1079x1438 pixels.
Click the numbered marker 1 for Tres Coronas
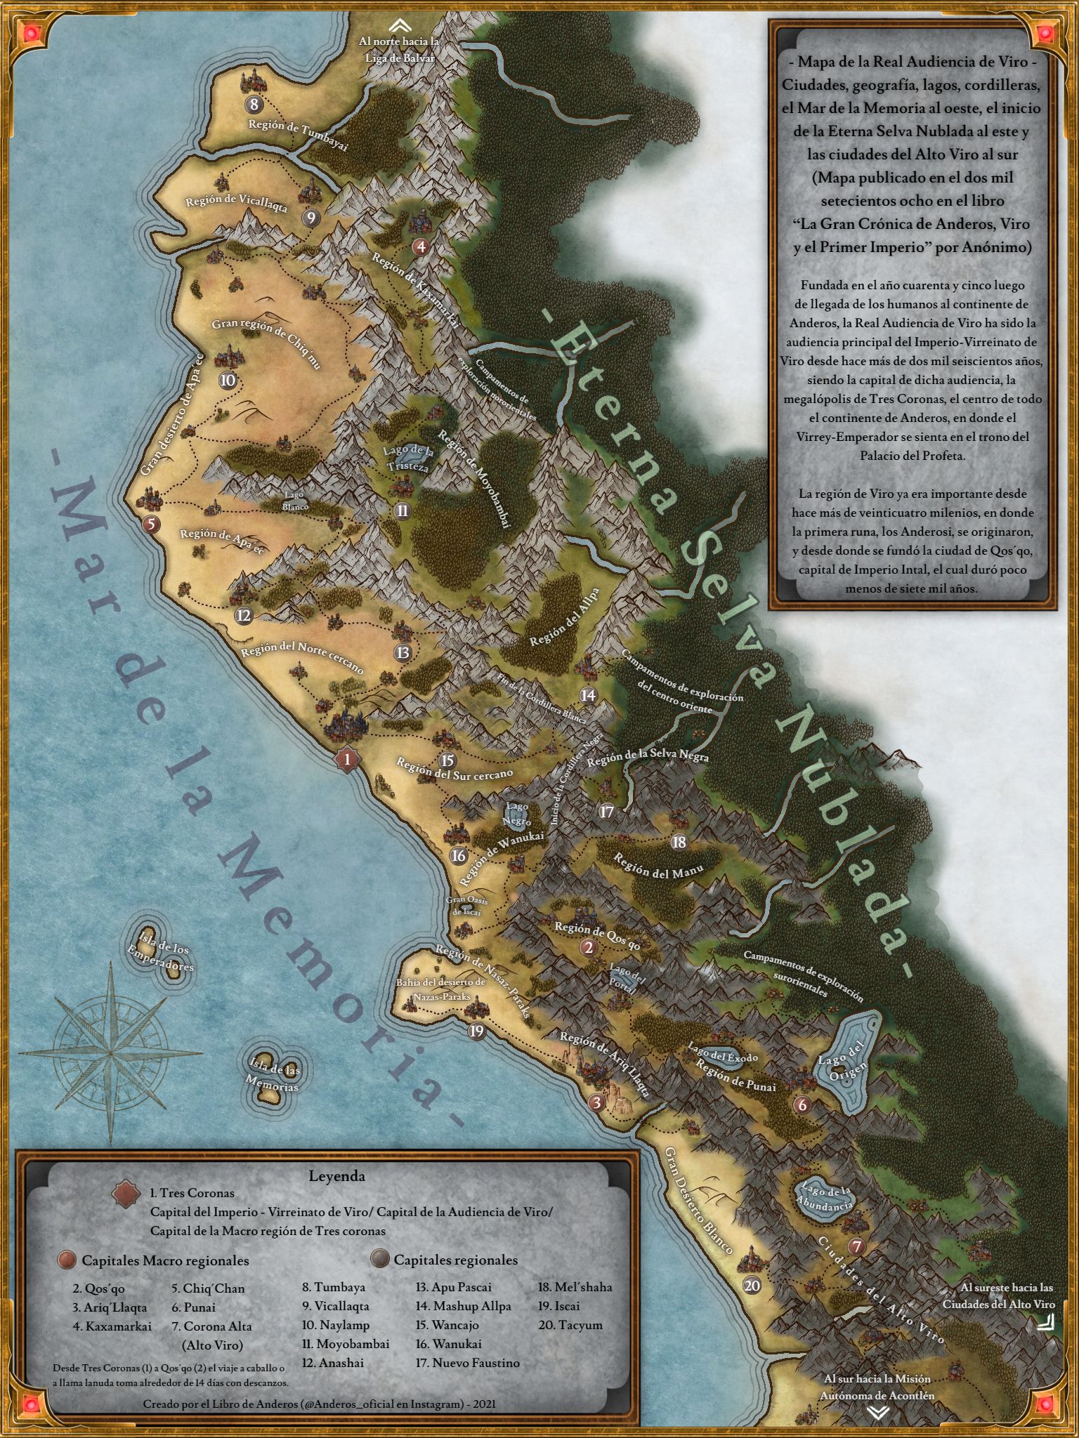(346, 759)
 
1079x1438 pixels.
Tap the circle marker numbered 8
(254, 105)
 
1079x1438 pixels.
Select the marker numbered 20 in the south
(752, 1285)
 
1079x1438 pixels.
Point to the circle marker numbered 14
(588, 695)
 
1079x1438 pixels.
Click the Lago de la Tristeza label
(408, 459)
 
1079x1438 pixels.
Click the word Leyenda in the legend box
(336, 1176)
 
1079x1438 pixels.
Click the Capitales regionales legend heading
(455, 1260)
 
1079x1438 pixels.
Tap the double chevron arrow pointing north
(398, 24)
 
